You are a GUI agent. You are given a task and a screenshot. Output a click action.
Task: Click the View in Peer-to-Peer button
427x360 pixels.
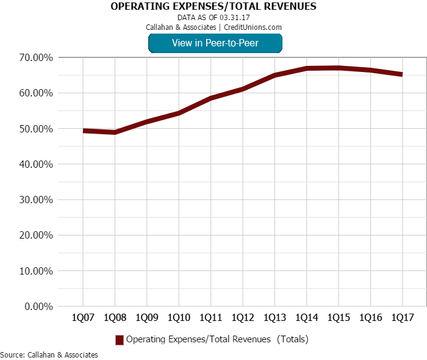click(215, 43)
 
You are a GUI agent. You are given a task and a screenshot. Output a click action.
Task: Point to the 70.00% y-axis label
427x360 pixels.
click(37, 58)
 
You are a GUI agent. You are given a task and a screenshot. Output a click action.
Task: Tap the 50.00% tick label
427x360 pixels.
click(37, 129)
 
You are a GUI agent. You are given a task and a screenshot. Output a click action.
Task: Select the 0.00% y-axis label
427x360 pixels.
click(39, 306)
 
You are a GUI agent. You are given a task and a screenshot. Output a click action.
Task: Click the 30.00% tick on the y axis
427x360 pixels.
click(37, 200)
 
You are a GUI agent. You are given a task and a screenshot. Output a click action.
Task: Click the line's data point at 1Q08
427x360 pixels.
click(115, 132)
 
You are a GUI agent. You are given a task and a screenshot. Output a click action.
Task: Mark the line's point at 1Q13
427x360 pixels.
click(274, 75)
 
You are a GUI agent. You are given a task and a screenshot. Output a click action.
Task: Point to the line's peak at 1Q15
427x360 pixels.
click(339, 68)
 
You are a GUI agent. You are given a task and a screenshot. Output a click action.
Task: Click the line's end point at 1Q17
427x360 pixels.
click(402, 74)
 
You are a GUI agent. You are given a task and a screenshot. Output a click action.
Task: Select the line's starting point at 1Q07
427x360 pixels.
click(83, 131)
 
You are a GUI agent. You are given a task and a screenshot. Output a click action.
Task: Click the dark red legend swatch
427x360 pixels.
click(120, 339)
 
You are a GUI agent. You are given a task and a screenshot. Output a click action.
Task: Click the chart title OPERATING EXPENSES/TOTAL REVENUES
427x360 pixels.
click(213, 7)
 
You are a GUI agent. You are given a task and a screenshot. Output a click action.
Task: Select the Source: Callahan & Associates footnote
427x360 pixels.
click(49, 355)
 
